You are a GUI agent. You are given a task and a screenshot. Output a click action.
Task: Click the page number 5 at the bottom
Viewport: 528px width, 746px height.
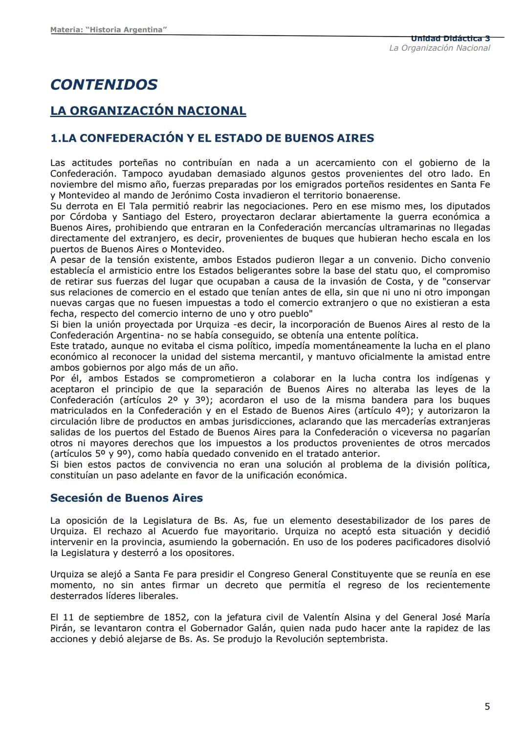click(487, 706)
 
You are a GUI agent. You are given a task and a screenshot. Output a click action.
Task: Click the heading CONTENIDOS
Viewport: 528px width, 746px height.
click(104, 85)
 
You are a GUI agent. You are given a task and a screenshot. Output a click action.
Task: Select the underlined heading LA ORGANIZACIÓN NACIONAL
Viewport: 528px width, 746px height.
click(148, 111)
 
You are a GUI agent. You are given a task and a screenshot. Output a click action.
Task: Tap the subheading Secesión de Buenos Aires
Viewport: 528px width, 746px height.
click(126, 498)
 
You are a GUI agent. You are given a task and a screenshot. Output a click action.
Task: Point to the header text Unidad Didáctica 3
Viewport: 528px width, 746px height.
click(450, 39)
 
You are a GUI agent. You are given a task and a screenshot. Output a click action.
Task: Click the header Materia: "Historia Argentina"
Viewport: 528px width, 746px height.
click(109, 30)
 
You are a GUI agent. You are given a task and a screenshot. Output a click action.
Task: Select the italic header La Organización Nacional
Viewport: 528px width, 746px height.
click(439, 48)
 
